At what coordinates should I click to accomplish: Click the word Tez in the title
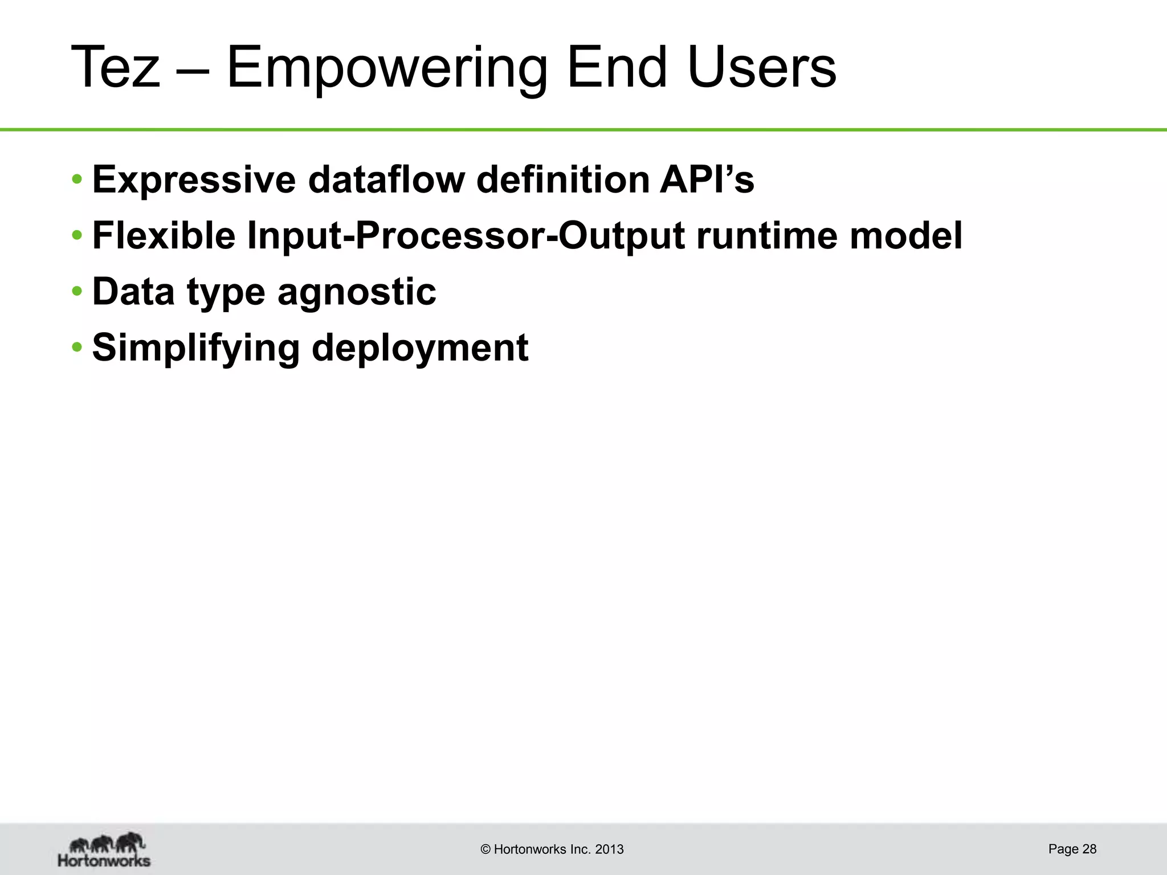coord(116,68)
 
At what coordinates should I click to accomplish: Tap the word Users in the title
coord(761,68)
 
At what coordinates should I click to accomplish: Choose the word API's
coord(707,180)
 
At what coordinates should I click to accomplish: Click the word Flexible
coord(164,236)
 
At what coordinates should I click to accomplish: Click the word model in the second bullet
coord(906,236)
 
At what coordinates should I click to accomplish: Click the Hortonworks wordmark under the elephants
coord(104,860)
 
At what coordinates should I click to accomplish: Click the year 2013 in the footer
coord(609,849)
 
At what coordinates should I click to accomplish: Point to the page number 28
coord(1089,849)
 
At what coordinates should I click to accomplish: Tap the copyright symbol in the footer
coord(485,849)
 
